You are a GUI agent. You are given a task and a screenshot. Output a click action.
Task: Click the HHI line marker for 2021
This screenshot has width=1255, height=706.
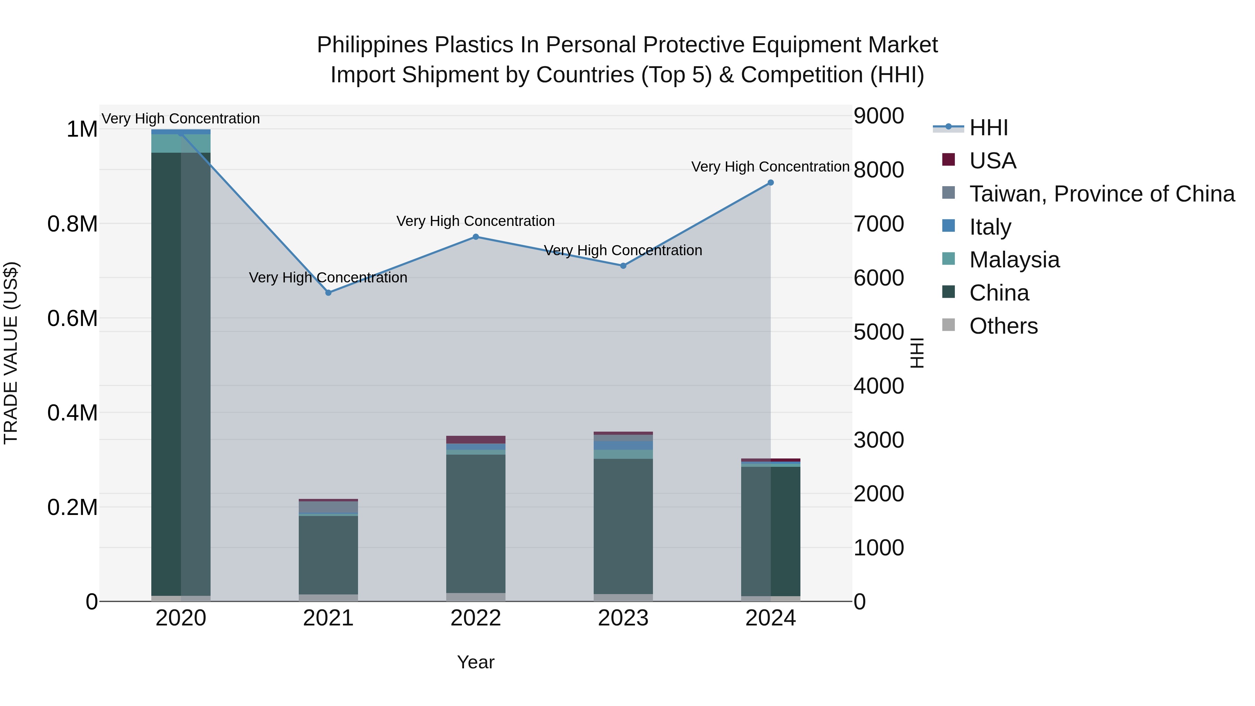point(328,293)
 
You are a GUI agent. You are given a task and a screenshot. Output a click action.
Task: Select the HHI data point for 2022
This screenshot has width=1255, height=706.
point(476,237)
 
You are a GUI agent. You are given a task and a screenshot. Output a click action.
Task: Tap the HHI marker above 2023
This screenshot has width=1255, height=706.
point(623,266)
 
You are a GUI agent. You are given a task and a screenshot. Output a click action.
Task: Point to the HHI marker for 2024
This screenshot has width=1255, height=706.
point(771,183)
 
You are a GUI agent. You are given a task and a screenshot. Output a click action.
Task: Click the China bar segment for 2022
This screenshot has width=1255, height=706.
point(476,524)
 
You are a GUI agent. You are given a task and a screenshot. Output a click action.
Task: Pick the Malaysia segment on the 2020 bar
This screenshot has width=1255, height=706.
point(181,144)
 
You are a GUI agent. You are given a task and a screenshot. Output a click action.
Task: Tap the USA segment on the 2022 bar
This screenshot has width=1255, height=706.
point(476,440)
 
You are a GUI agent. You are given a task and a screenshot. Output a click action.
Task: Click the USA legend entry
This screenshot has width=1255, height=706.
point(992,161)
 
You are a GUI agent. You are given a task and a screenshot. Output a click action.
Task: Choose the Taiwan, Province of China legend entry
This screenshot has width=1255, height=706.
point(1102,194)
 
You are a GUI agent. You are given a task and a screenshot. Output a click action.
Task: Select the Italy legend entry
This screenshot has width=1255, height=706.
point(990,227)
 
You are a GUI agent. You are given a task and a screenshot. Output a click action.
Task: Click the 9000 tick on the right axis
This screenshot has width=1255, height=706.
point(879,116)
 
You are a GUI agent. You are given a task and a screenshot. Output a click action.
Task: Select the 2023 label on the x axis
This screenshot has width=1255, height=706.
point(623,618)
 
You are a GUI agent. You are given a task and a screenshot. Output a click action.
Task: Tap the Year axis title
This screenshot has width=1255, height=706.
point(476,662)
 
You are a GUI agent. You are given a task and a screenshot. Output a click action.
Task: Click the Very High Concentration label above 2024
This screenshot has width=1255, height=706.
point(770,167)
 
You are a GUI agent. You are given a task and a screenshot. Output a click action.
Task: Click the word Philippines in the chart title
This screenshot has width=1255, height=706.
point(372,45)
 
